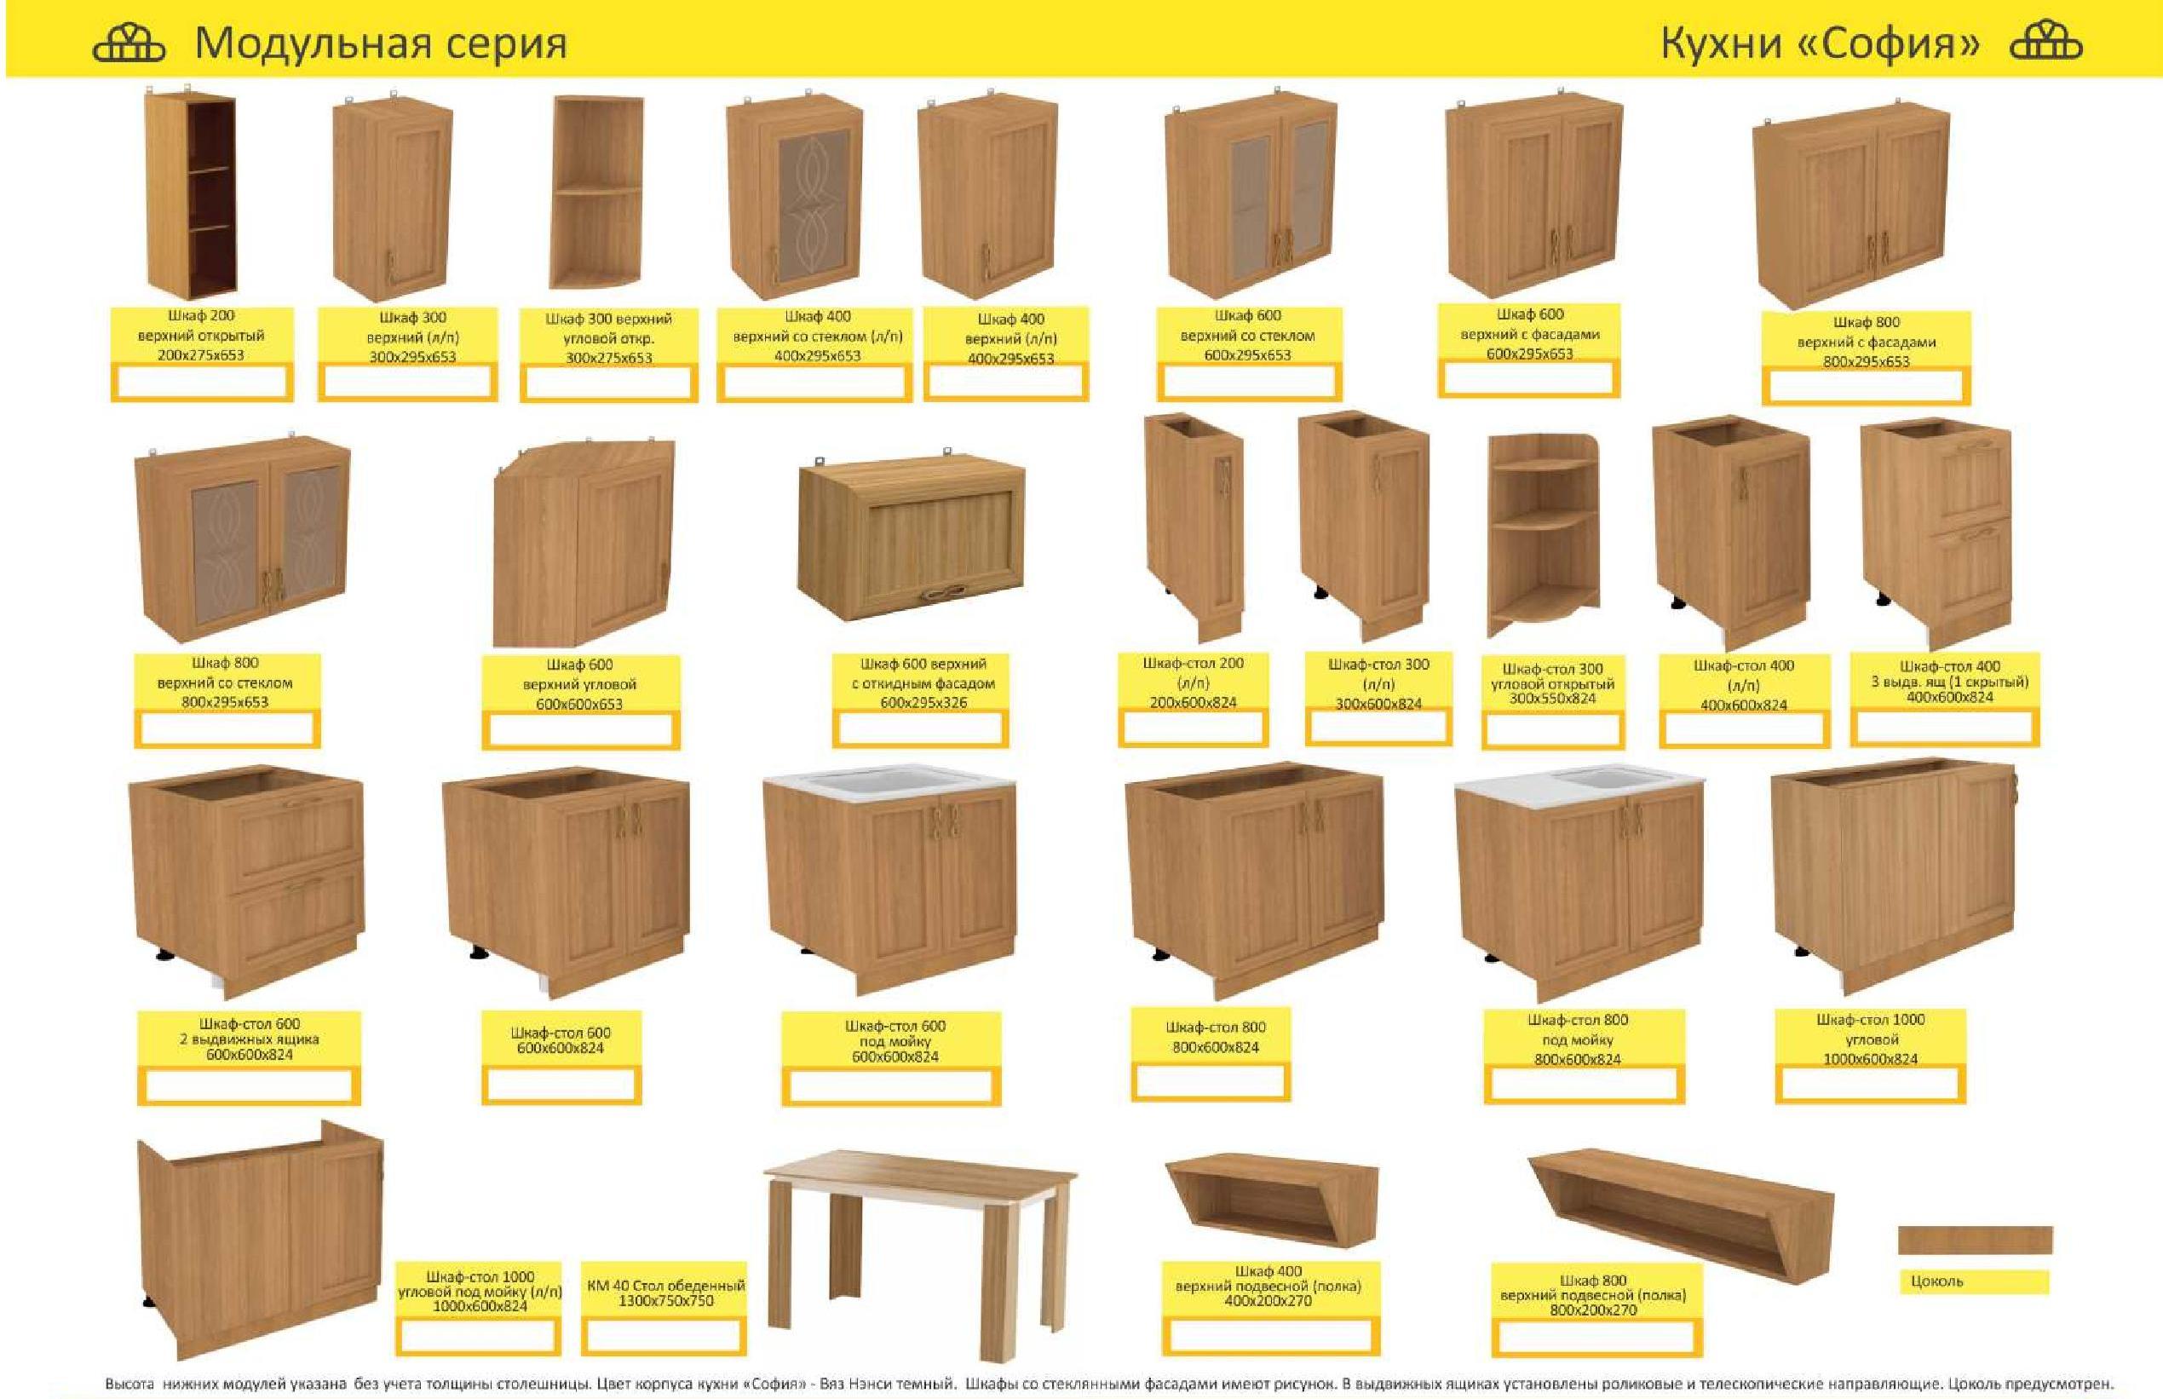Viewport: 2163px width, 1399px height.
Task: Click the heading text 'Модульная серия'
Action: coord(381,43)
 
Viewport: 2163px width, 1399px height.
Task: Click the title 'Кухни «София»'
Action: coord(1820,43)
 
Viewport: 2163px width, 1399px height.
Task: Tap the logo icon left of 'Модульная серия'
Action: coord(129,43)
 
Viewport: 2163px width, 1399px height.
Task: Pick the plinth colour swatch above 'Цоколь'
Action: coord(1975,1240)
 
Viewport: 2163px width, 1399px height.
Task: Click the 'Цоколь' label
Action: coord(1937,1281)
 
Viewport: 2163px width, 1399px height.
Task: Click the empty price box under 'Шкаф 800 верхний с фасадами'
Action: coord(1865,387)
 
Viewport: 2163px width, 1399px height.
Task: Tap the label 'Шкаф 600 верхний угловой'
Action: coord(579,684)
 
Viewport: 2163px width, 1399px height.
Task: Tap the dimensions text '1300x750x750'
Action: coord(665,1301)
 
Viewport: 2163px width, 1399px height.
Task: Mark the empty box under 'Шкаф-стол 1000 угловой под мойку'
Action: coord(479,1335)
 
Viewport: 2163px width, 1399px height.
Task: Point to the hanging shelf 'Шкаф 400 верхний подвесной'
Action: coord(1271,1202)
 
